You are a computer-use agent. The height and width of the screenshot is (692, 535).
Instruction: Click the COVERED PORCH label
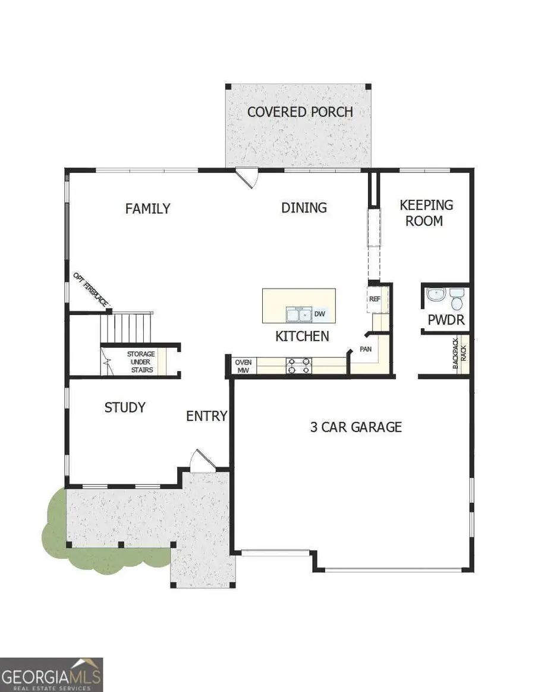click(x=300, y=112)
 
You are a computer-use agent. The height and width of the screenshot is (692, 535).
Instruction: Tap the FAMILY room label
click(x=147, y=209)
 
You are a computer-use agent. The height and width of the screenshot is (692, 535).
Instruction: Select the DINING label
click(x=304, y=207)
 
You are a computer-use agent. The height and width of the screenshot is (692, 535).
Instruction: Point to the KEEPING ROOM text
click(x=426, y=213)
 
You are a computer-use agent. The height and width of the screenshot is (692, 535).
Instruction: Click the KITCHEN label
click(x=302, y=336)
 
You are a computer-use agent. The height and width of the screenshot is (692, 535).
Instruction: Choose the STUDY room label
click(x=125, y=408)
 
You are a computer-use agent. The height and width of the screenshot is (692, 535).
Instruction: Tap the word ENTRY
click(x=207, y=416)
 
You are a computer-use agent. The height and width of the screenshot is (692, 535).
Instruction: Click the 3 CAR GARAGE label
click(x=356, y=427)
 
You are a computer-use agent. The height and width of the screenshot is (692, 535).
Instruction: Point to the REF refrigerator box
click(x=374, y=299)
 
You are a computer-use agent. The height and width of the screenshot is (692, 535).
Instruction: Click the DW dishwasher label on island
click(x=319, y=314)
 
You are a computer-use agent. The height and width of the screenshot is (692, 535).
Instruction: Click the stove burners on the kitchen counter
click(x=300, y=366)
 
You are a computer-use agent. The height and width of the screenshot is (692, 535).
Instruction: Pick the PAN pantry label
click(x=365, y=350)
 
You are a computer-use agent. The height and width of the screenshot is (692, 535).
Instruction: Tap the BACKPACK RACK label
click(x=461, y=358)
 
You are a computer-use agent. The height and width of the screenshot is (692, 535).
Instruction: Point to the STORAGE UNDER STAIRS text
click(x=140, y=362)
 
